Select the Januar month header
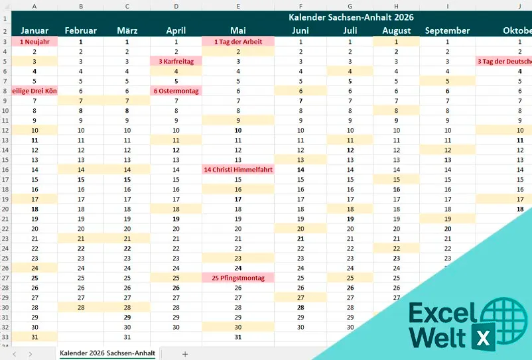[34, 30]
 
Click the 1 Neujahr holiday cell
[34, 41]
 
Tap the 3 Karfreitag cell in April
[176, 61]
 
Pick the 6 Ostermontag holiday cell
[176, 91]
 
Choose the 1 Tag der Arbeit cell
[238, 41]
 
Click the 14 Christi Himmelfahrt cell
[238, 170]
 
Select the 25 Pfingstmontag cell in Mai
[238, 278]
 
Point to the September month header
[447, 30]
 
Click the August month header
[397, 30]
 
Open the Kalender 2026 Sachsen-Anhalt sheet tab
[107, 353]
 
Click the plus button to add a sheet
[185, 353]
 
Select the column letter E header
[238, 6]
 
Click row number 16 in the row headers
[5, 170]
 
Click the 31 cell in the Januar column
[34, 337]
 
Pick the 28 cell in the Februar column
[81, 308]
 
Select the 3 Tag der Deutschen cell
[504, 61]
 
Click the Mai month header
[238, 30]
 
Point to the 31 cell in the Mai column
[238, 337]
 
